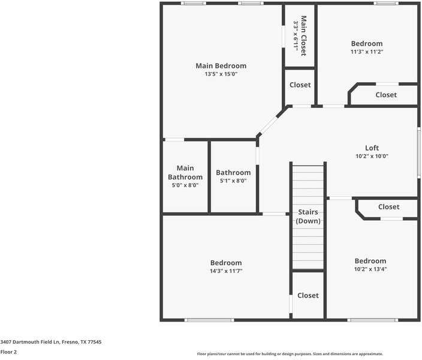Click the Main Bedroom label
(221, 66)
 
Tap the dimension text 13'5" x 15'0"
(221, 74)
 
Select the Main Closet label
(303, 36)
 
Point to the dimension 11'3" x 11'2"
(366, 52)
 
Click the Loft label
(372, 148)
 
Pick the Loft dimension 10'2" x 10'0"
(372, 156)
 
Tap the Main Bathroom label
(185, 173)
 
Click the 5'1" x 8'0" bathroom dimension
(233, 181)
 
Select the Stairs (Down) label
(308, 217)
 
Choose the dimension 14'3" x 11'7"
(226, 271)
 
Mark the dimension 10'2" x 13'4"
(370, 269)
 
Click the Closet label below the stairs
(308, 295)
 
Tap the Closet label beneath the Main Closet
(300, 85)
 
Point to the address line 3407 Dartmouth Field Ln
(51, 342)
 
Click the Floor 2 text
(8, 352)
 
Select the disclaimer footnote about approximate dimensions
(290, 354)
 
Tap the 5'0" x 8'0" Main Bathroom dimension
(185, 185)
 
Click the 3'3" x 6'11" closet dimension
(296, 36)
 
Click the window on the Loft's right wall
(418, 151)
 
